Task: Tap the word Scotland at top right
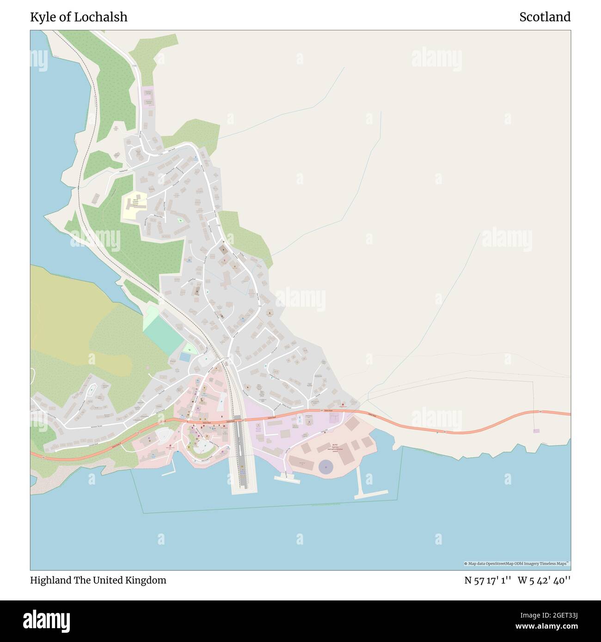545,17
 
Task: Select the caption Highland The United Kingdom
98,580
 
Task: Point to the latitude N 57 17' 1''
487,580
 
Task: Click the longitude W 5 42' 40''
544,580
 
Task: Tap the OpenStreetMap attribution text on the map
516,563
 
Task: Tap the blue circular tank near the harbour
326,467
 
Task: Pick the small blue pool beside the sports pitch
184,357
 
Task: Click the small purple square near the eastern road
536,431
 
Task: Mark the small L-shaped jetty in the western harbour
170,472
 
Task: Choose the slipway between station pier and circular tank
287,478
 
